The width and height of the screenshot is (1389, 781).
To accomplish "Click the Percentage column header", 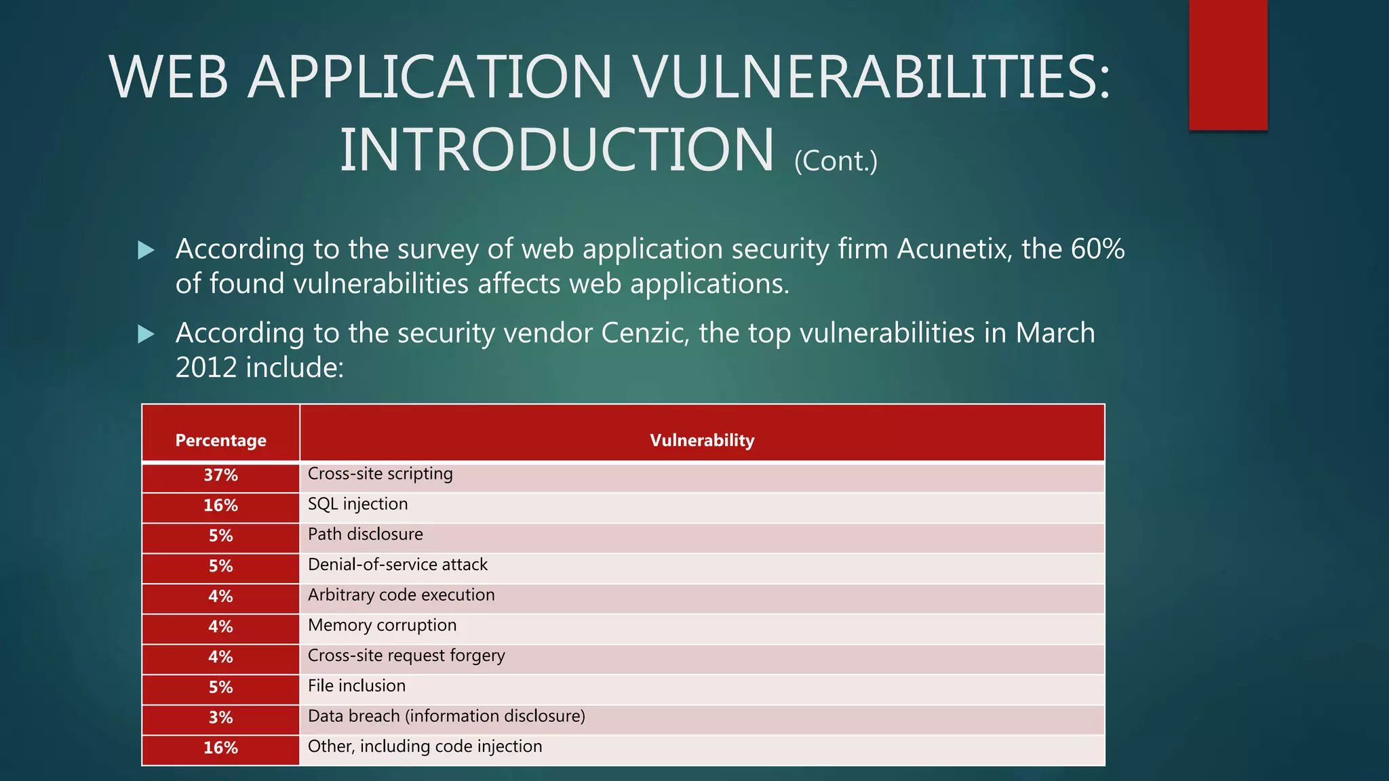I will click(220, 440).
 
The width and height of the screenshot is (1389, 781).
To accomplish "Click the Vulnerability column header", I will click(702, 440).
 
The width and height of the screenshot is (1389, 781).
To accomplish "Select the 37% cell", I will click(220, 475).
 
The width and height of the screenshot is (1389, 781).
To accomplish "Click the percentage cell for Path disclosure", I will click(220, 536).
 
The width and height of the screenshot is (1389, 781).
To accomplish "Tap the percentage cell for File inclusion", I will click(220, 687).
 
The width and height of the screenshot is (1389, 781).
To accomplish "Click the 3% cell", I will click(220, 717).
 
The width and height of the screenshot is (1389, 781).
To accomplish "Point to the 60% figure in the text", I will click(1097, 249).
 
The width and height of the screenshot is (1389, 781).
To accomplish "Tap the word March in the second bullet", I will click(1055, 334).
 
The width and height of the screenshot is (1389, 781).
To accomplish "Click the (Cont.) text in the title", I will click(836, 161).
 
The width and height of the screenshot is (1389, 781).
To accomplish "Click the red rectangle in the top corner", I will click(1228, 64).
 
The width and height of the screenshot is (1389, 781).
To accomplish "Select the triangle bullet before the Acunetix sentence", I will click(146, 250).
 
